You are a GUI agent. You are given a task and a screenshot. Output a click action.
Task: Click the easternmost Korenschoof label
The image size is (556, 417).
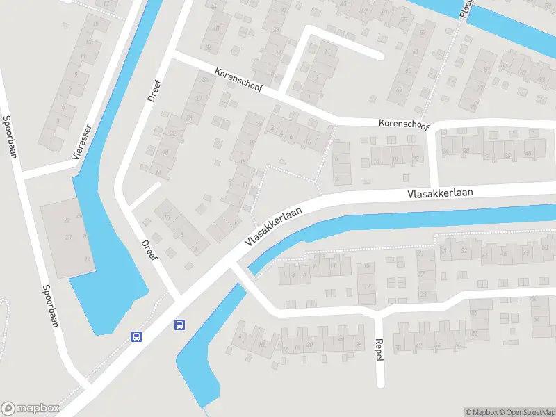[x=404, y=124]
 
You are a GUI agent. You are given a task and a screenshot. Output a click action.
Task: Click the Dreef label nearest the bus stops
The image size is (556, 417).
[x=150, y=250]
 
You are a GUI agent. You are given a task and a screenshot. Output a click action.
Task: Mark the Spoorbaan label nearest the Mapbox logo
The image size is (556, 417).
[x=49, y=306]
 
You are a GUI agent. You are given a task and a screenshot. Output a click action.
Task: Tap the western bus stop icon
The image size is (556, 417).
[x=137, y=336]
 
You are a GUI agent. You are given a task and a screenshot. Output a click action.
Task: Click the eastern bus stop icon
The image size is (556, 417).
[x=179, y=324]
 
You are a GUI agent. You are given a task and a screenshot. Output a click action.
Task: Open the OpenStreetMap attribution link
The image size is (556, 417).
[x=526, y=411]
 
